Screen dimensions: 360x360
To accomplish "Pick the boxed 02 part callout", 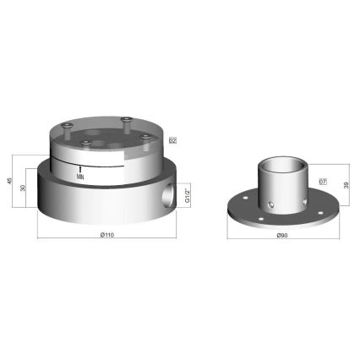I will pos(172,140).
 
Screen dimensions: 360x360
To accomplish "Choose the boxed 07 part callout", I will pos(323,182).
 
